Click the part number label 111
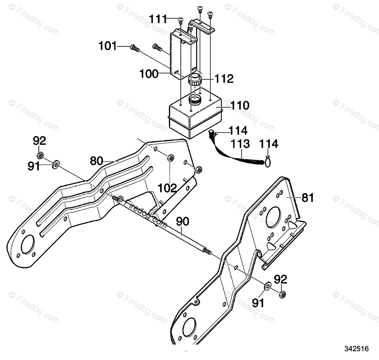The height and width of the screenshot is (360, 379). pyautogui.click(x=158, y=19)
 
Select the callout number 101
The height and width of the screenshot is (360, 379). pyautogui.click(x=108, y=46)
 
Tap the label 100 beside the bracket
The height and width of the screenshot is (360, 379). pyautogui.click(x=149, y=74)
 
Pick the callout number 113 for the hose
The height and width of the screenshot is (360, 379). pyautogui.click(x=241, y=144)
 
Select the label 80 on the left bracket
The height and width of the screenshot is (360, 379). pyautogui.click(x=97, y=161)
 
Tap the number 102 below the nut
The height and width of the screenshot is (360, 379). pyautogui.click(x=168, y=188)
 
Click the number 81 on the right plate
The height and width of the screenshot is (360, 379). pyautogui.click(x=308, y=198)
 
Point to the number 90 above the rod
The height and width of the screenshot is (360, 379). pyautogui.click(x=182, y=222)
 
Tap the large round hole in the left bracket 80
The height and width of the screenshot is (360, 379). pyautogui.click(x=27, y=245)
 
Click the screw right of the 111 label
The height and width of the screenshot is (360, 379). pyautogui.click(x=181, y=21)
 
